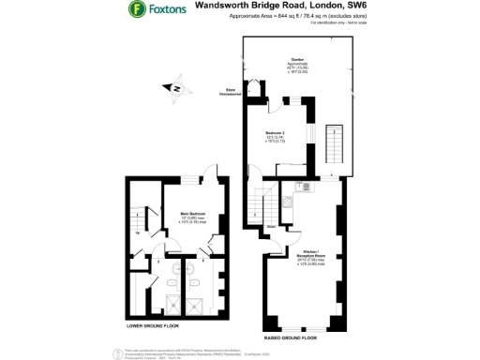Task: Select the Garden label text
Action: coord(297,60)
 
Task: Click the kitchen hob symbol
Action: coord(289,200)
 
